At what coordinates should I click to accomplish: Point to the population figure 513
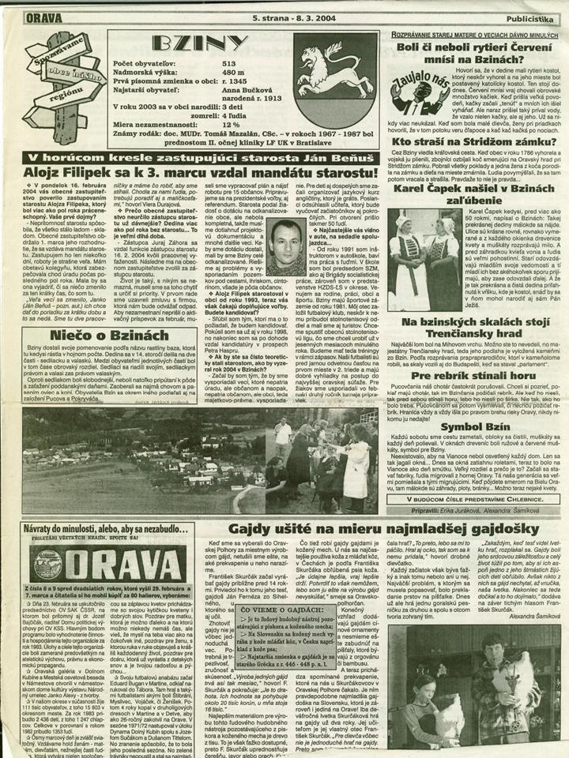click(229, 62)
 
